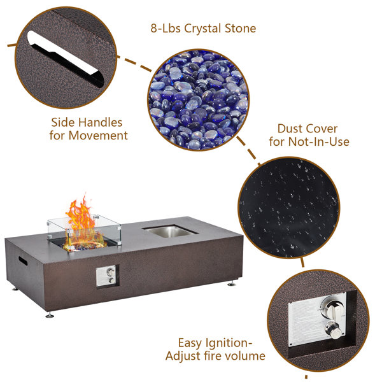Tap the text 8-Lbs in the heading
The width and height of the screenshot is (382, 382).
(166, 28)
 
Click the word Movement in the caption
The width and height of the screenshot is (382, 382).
(98, 136)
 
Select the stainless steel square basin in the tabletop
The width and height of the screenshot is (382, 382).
(171, 231)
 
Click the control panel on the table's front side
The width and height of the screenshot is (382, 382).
(107, 276)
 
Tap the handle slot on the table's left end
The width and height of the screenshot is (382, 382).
(23, 261)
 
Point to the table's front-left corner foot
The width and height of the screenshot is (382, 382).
(50, 315)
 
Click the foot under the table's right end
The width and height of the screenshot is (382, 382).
(232, 283)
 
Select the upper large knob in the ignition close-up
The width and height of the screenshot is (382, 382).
(332, 308)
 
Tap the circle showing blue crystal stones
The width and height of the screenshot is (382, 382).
(198, 99)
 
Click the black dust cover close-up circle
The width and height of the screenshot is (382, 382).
(288, 208)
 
